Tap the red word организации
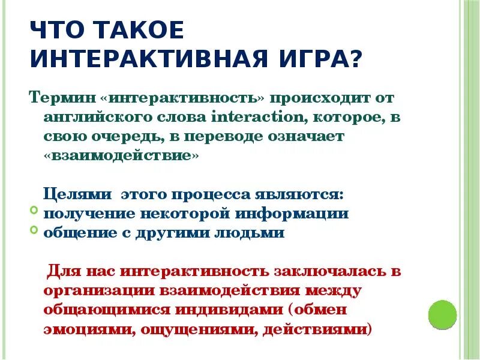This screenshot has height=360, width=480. point(98,290)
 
